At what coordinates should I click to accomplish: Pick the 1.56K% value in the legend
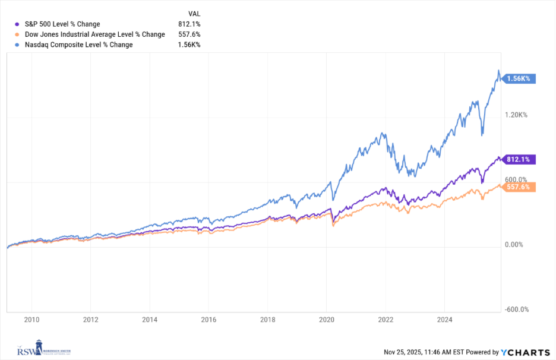(x=190, y=45)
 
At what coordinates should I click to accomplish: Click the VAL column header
(x=194, y=12)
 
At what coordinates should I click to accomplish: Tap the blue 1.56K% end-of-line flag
(x=519, y=78)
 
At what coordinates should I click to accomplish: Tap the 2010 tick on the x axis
(x=31, y=320)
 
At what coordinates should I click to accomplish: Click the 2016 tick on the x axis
(x=208, y=320)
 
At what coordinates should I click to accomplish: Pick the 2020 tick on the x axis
(x=327, y=320)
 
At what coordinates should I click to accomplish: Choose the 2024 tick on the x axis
(x=445, y=320)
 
